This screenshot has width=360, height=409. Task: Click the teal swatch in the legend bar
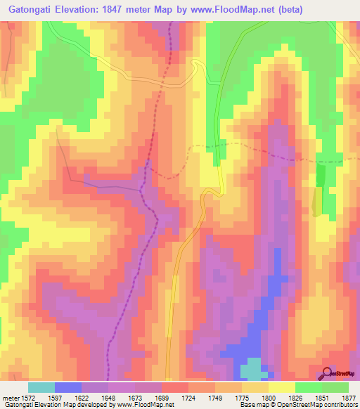coord(41,387)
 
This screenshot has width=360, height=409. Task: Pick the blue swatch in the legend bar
coord(68,387)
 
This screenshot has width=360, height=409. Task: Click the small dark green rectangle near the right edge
coord(321,176)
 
